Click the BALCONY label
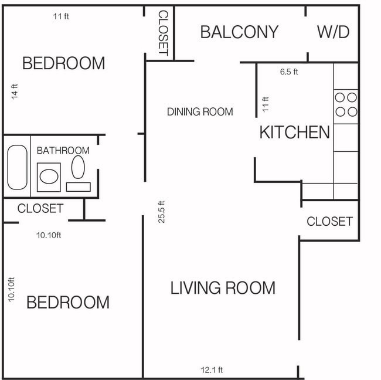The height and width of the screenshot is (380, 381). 239,32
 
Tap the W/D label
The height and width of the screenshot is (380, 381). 333,32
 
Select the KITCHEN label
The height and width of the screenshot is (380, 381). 295,132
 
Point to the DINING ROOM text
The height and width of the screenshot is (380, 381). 200,111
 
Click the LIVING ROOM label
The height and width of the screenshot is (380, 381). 223,288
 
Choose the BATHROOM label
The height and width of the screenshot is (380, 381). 63,150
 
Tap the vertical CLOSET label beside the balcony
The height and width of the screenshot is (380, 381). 164,33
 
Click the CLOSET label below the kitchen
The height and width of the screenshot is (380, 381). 330,221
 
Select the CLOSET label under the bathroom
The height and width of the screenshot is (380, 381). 40,208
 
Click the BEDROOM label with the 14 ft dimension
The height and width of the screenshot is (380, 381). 63,63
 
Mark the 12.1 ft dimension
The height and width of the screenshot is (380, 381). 212,370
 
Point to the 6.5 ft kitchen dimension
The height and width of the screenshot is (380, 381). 289,72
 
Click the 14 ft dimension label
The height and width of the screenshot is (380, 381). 15,92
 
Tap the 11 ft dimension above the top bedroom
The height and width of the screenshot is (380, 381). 61,16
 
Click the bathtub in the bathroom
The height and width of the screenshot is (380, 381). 17,168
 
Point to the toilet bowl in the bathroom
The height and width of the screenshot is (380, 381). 78,167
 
